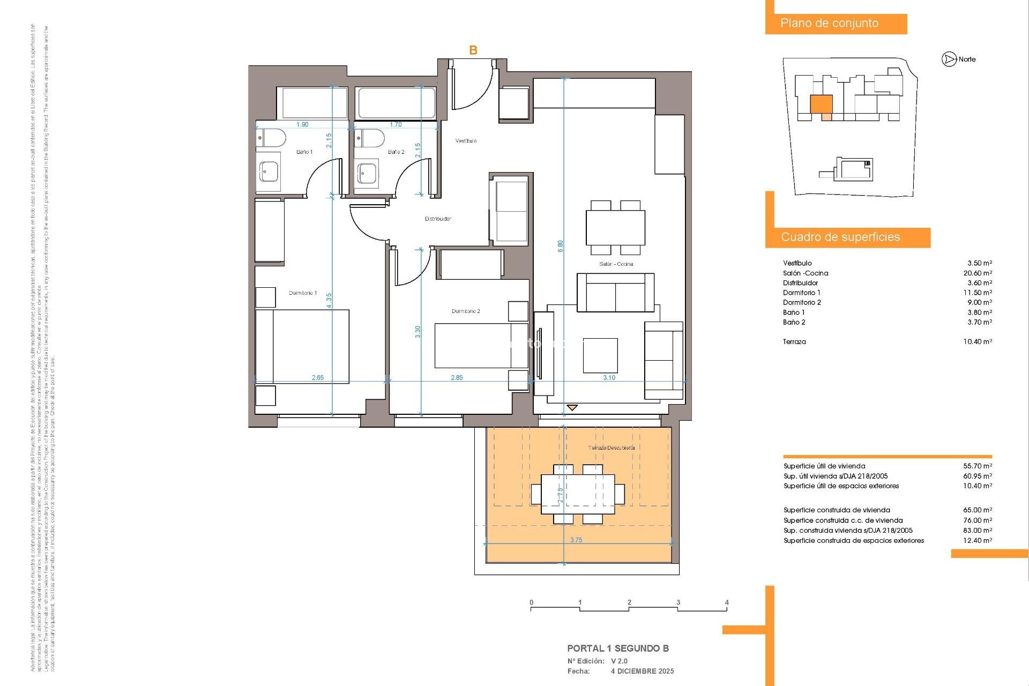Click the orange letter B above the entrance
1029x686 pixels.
pos(473,50)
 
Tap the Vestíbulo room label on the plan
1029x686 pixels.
pos(466,141)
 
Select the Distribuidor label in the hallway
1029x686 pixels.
pos(438,219)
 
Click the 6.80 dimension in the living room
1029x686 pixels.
pos(561,246)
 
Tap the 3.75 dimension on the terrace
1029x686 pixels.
pos(576,540)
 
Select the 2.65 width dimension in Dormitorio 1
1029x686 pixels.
pos(318,377)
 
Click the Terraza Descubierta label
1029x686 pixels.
pos(611,448)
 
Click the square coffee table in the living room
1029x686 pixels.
pos(600,355)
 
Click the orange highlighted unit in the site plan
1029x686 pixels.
pos(821,104)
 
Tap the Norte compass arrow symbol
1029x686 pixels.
pos(949,59)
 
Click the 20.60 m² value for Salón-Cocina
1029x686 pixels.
pos(978,273)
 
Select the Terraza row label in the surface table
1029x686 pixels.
pos(794,341)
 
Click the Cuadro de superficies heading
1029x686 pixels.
pos(840,237)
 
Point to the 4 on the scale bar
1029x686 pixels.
pos(727,602)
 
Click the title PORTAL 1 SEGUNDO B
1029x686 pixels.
pos(618,648)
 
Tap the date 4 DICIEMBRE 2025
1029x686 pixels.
pos(642,671)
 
